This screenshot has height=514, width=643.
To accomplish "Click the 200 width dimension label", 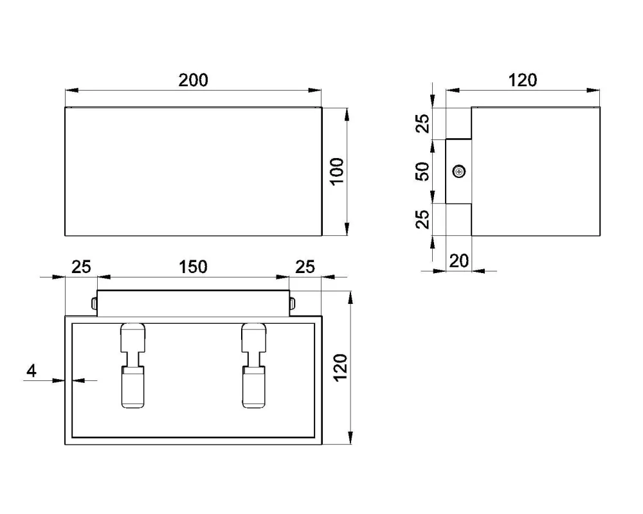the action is [193, 80].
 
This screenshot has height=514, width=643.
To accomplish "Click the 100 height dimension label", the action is [338, 172].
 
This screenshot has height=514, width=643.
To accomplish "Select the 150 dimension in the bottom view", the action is [193, 267].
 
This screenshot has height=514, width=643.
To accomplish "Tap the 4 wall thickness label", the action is [32, 371].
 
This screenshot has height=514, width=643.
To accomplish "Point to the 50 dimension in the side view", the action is [422, 172].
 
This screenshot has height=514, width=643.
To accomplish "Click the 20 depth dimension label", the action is [458, 261].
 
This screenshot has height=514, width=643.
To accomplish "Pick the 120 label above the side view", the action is [522, 80].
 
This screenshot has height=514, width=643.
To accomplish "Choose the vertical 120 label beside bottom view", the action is [340, 368].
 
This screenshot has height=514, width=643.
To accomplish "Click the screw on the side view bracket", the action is [459, 172].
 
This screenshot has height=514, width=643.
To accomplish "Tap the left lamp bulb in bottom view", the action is [133, 387].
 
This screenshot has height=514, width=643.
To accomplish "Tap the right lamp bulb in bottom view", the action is [254, 387].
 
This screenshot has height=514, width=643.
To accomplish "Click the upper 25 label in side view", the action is [422, 123].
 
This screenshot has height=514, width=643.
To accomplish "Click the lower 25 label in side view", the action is [422, 219].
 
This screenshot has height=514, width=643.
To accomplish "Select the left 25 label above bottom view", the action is [81, 267].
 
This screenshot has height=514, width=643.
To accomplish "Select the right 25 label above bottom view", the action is [305, 267].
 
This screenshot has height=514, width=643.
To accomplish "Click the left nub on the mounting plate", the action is [94, 303].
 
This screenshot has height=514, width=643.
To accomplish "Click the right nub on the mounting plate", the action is [293, 303].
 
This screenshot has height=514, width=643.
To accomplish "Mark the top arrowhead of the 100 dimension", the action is [347, 114].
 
